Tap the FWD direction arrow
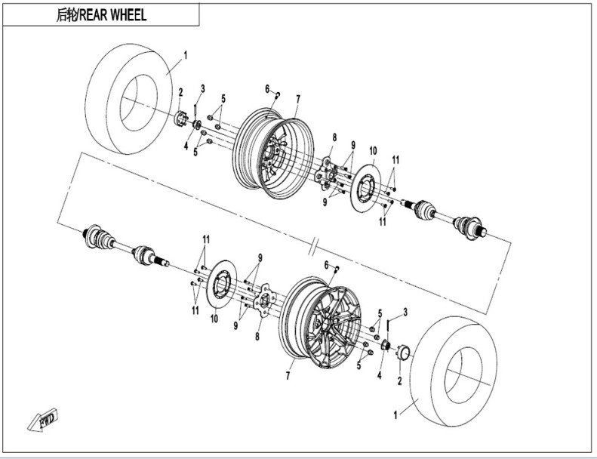pos(42,420)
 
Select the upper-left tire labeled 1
pos(128,99)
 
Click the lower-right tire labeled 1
pos(454,371)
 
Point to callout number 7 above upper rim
pos(298,100)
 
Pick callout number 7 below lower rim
pos(288,376)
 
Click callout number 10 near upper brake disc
pos(373,151)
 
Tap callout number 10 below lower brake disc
pos(214,319)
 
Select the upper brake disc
pos(365,189)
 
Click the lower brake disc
pos(221,285)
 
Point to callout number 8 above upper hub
pos(334,137)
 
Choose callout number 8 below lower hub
pos(257,337)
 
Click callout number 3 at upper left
pos(202,89)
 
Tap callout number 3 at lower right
pos(405,313)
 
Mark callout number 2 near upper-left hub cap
pos(181,92)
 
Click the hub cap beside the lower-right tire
pos(403,352)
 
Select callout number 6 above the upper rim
pos(267,89)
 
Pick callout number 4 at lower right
pos(379,375)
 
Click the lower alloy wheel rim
pos(321,322)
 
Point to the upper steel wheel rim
pos(273,153)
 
